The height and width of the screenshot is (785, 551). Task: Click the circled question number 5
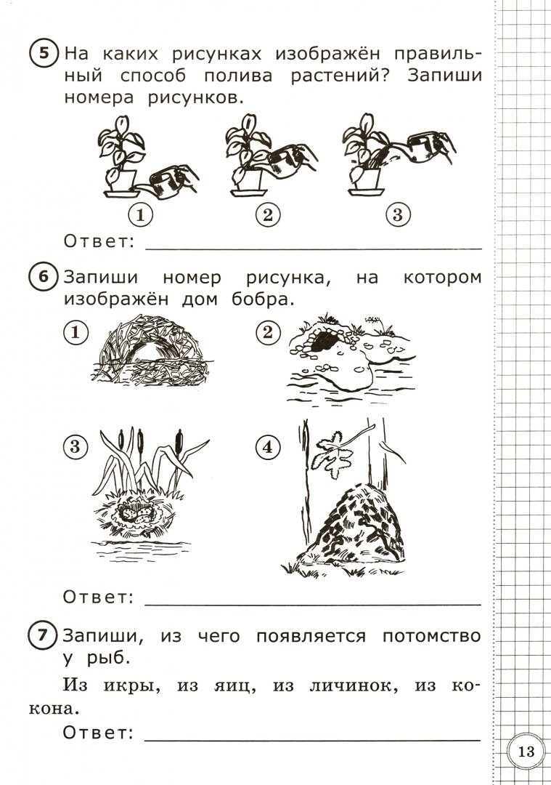tap(44, 55)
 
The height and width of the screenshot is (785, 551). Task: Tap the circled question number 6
tap(44, 278)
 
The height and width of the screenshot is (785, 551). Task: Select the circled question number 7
tap(44, 637)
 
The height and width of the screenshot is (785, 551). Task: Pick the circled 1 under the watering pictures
tap(140, 215)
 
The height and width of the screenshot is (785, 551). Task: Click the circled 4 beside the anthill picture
tap(269, 448)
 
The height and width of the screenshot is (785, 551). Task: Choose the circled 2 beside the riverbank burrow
tap(269, 333)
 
